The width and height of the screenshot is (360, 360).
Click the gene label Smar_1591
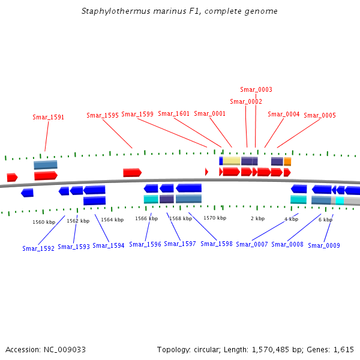click(48, 118)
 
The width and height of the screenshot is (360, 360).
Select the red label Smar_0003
click(256, 90)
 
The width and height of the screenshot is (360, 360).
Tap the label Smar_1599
click(137, 114)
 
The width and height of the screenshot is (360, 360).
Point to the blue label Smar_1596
click(145, 244)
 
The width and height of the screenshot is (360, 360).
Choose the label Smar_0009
click(324, 245)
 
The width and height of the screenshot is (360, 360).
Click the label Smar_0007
click(252, 244)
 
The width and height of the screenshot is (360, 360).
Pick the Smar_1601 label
click(173, 114)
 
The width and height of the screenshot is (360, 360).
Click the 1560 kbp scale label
click(44, 222)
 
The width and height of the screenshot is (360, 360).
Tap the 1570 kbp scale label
click(214, 218)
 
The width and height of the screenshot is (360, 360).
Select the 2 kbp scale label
click(257, 218)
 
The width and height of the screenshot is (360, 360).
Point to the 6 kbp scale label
click(325, 220)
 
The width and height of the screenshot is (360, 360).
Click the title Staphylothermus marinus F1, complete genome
click(179, 11)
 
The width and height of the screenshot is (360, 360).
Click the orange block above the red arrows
click(287, 161)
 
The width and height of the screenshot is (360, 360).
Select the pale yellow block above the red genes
click(232, 161)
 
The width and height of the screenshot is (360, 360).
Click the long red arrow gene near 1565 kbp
click(132, 173)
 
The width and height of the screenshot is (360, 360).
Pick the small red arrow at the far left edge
click(12, 177)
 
